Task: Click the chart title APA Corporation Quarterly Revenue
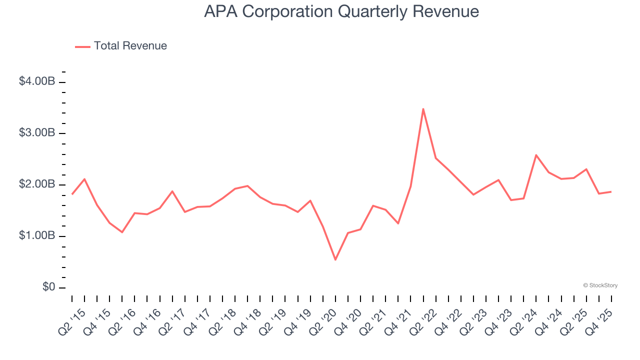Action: coord(341,11)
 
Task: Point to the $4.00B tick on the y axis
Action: coord(62,81)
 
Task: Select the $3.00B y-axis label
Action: coord(36,133)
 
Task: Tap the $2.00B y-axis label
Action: coord(36,184)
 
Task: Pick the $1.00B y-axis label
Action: coord(36,236)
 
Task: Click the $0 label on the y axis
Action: coord(48,287)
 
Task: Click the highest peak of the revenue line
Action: coord(423,109)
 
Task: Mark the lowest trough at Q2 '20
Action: coord(335,259)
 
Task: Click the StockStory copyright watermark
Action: coord(600,285)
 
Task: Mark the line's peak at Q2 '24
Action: coord(536,155)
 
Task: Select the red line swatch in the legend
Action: coord(82,46)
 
